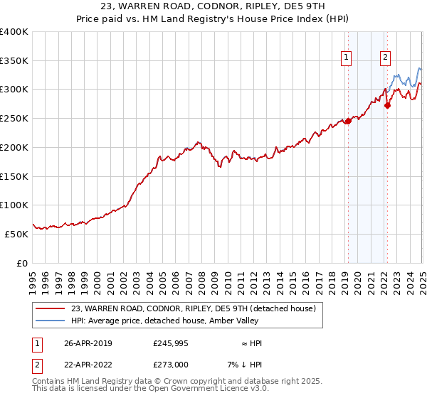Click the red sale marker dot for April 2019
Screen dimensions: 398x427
[349, 122]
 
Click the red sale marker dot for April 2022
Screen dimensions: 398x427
[388, 106]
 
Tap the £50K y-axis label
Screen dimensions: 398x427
[16, 234]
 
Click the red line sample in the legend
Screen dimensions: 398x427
[50, 308]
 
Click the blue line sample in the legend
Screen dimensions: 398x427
[50, 321]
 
